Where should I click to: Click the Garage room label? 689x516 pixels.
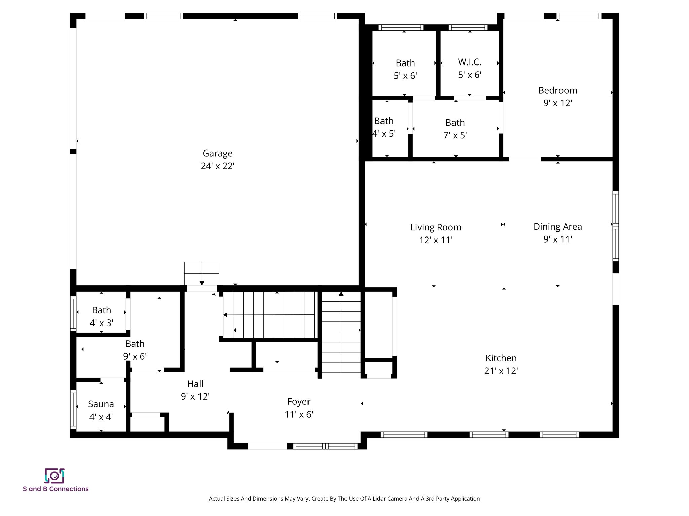[217, 153]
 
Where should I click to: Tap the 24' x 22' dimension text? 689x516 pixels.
[217, 166]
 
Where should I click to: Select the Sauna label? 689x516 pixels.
[101, 404]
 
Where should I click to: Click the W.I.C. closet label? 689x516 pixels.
[469, 62]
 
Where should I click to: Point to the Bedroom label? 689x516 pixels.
[557, 90]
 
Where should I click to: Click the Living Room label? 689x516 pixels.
[436, 227]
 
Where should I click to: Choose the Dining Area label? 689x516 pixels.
[557, 227]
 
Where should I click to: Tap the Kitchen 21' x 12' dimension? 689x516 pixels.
[501, 371]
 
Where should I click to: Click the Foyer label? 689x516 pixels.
[299, 402]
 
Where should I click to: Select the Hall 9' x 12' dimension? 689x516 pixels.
[195, 397]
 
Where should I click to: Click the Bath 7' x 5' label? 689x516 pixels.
[455, 123]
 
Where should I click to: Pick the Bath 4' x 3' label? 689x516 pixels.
[101, 310]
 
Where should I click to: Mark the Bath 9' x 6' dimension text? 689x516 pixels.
[135, 356]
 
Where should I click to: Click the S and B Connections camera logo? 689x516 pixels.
[54, 476]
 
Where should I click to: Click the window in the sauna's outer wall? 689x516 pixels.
[73, 410]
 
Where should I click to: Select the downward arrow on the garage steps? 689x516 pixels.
[202, 283]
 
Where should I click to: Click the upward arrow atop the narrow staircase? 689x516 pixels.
[341, 294]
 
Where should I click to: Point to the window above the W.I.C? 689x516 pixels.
[468, 28]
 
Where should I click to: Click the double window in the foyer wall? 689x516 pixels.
[325, 446]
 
